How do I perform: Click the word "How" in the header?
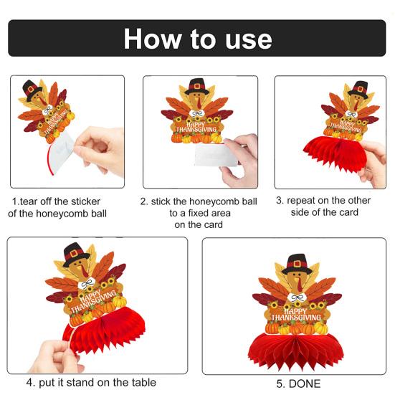150,38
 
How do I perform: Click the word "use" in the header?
246,39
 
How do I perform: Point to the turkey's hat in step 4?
76,254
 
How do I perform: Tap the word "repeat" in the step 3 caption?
304,201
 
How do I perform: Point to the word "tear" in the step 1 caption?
29,201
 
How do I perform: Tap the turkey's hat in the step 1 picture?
32,88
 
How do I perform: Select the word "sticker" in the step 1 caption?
82,201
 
